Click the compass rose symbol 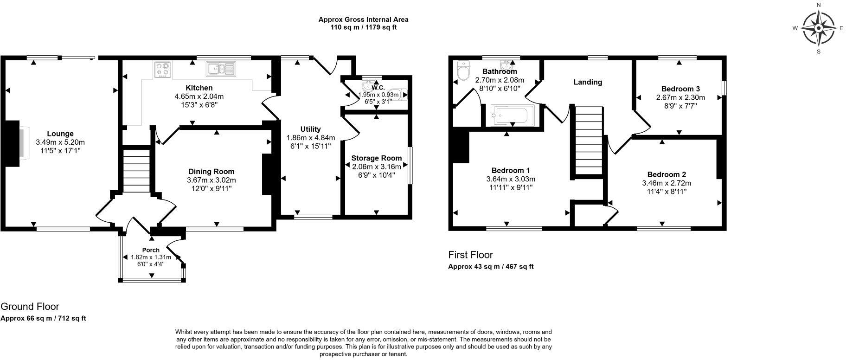point(819,28)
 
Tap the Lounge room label point(60,134)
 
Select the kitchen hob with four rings point(162,70)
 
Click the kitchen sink point(222,69)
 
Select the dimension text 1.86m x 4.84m point(310,138)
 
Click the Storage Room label point(376,158)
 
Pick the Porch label point(151,250)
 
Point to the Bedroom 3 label point(680,89)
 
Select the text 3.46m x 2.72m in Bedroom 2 point(667,183)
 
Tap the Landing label point(588,82)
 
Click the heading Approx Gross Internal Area point(363,19)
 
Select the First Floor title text point(470,255)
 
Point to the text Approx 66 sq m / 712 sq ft point(43,318)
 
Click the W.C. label point(378,88)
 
